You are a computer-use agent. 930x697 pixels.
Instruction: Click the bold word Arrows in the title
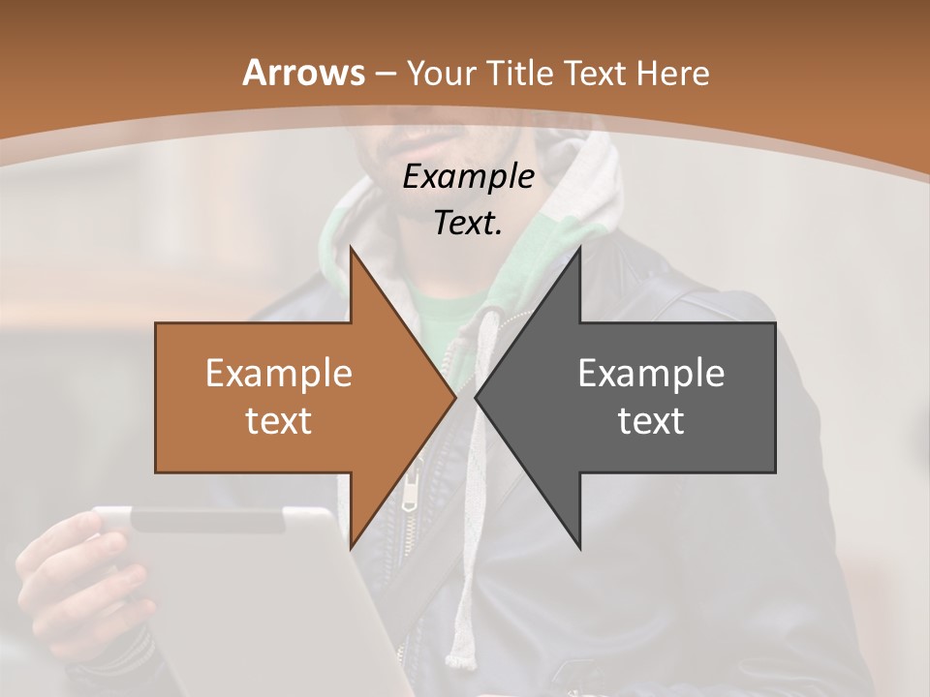click(303, 73)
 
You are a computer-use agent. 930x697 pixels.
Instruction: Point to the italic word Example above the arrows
click(468, 177)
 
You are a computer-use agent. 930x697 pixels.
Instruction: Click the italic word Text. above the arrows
click(468, 223)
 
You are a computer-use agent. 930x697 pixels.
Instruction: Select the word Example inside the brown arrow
click(278, 374)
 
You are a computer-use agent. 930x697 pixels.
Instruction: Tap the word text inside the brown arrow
click(278, 420)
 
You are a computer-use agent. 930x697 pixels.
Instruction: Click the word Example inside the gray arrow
click(651, 374)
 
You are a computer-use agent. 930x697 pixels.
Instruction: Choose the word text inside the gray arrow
click(651, 420)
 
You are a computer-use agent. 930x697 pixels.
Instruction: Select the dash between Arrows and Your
click(385, 74)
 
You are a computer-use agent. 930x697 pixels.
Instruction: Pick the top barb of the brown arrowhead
click(352, 250)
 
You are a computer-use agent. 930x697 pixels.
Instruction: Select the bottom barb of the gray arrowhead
click(578, 546)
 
